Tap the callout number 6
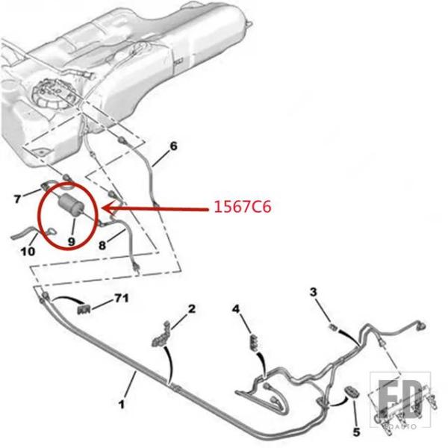173,146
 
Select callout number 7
19,199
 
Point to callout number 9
72,241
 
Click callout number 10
27,252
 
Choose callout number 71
121,299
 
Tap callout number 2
192,308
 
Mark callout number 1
121,405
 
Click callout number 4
237,308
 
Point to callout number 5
356,431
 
